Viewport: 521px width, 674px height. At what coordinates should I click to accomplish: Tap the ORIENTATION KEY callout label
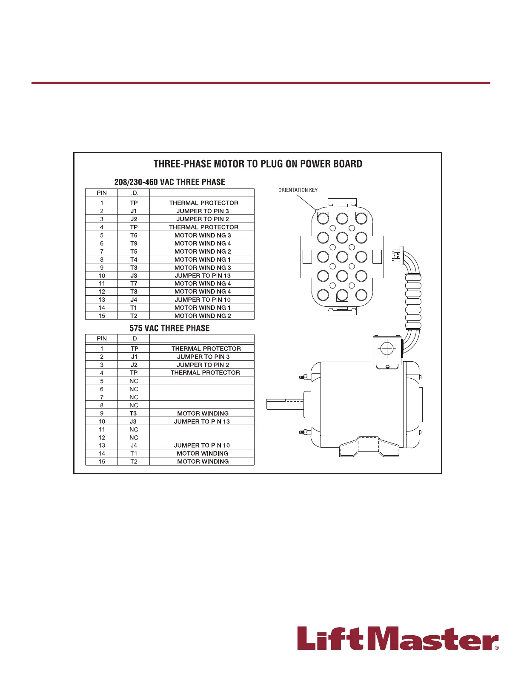click(x=298, y=190)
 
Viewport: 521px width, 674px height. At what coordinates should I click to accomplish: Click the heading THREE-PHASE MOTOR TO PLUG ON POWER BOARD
click(x=258, y=164)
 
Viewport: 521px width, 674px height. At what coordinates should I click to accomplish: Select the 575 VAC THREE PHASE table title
click(x=169, y=328)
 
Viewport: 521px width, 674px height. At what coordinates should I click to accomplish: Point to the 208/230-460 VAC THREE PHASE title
click(x=169, y=182)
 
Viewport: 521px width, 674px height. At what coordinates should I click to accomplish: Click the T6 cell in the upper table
click(x=134, y=235)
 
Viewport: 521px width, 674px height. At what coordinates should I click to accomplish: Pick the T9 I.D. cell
click(x=134, y=243)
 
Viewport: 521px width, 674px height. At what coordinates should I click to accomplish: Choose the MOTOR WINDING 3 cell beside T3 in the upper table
click(x=203, y=268)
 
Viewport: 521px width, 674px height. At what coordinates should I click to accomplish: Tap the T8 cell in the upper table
click(x=134, y=291)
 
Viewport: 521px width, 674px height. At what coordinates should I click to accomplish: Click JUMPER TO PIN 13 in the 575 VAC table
click(x=202, y=421)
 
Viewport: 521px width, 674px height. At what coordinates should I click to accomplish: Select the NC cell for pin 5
click(x=134, y=381)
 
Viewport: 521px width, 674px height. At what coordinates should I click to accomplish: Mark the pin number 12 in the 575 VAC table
click(x=102, y=437)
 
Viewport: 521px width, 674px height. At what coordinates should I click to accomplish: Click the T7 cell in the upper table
click(x=134, y=283)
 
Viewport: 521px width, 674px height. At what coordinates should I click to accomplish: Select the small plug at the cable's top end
click(x=397, y=255)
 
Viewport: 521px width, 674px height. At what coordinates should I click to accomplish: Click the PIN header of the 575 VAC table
click(x=102, y=338)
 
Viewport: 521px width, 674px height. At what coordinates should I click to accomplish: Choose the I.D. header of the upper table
click(x=134, y=193)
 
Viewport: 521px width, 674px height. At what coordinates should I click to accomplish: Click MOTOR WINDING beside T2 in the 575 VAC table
click(x=203, y=461)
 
